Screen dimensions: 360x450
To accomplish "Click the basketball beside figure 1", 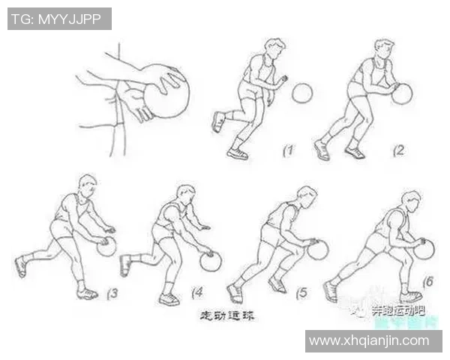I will coord(301,93).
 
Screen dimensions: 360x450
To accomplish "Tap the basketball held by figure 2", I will coord(402,94).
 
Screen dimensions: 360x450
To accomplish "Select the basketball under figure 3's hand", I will coord(106,247).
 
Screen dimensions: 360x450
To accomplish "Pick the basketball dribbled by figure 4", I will coord(211,262).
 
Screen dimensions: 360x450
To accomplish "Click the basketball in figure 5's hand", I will coord(318,250).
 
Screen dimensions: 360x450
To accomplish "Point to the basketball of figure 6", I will coord(424,249).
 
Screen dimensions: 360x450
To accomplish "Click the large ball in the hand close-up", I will coord(166,91).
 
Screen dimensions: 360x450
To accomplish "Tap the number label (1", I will coord(287,151).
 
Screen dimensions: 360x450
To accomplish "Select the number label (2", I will coord(398,150).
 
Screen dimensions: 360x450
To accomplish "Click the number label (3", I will coord(110,293).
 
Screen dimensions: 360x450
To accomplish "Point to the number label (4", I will coord(198,293).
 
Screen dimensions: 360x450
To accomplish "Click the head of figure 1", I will coord(275,49).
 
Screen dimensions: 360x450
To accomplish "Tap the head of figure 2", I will coord(385,49).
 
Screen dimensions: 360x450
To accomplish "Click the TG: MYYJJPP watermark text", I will coord(59,19).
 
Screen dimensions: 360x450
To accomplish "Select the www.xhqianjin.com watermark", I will coord(373,340).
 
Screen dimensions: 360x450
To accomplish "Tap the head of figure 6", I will coord(410,200).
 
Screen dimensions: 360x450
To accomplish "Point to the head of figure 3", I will coord(87,184).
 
